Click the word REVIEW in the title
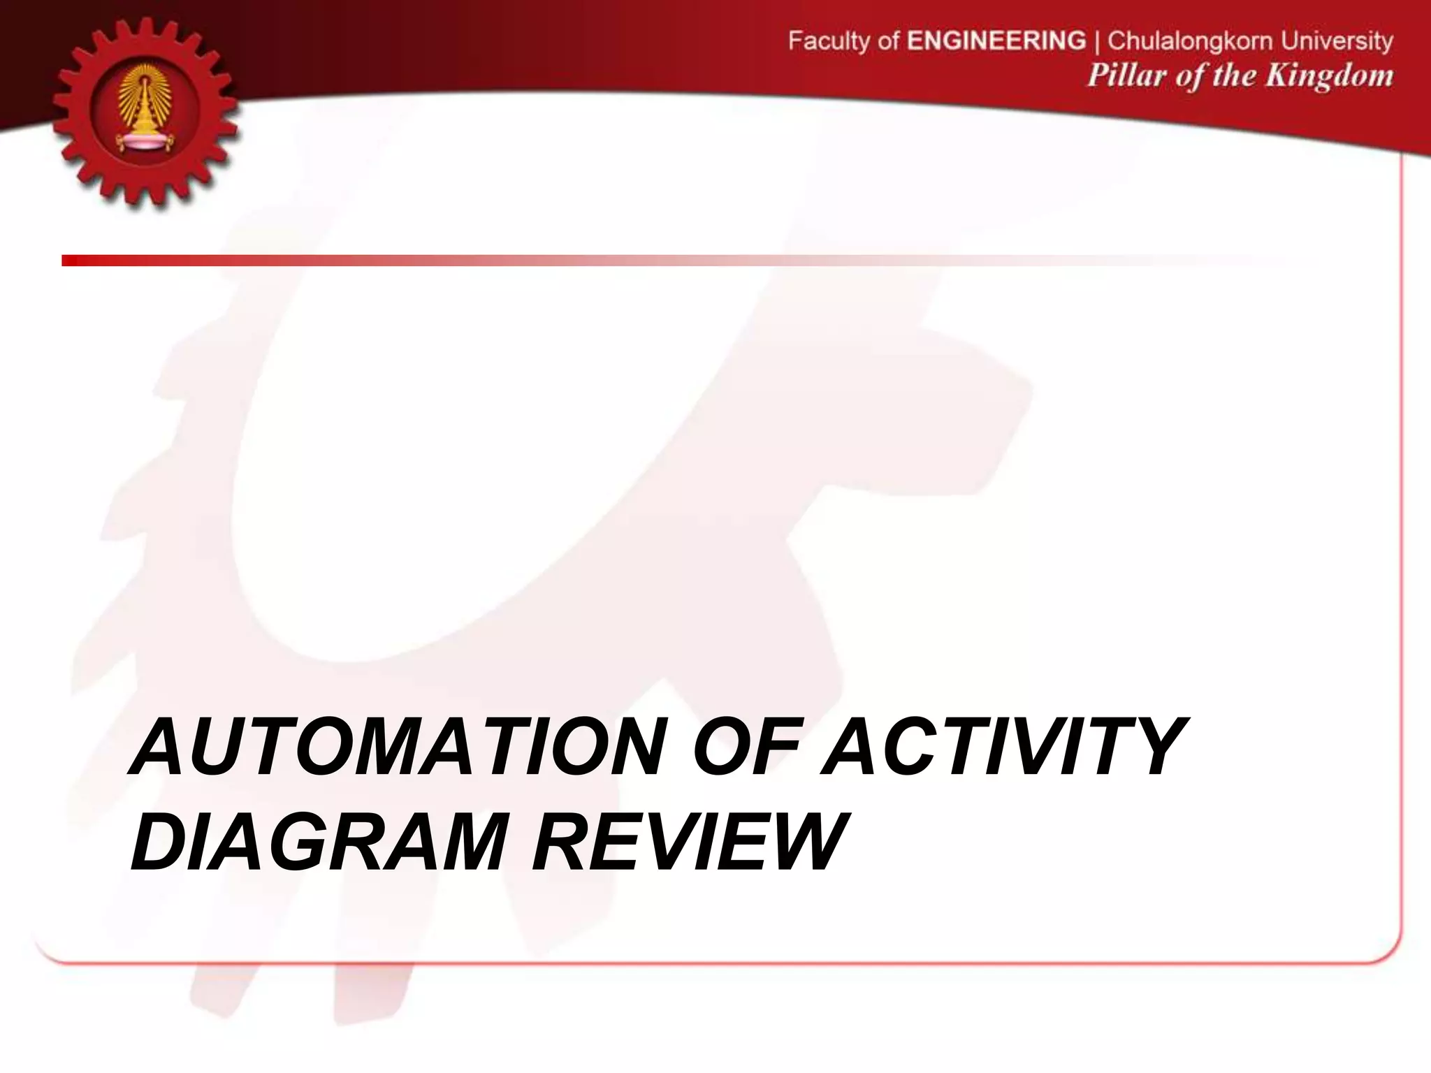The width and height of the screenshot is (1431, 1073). coord(688,841)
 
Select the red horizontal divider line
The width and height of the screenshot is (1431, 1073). coord(489,261)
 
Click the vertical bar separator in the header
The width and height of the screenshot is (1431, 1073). coord(1097,41)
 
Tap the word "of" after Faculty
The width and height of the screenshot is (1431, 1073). coord(888,41)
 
